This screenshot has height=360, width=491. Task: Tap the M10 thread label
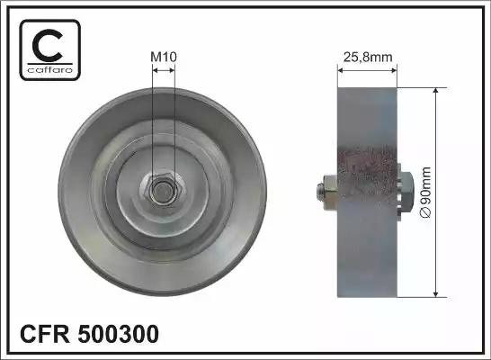(162, 57)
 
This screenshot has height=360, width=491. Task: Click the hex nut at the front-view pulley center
(162, 189)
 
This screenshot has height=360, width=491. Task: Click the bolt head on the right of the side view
(406, 190)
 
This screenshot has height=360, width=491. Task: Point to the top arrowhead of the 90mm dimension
(437, 91)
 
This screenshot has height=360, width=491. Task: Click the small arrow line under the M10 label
(162, 71)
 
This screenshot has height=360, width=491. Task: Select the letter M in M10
(154, 57)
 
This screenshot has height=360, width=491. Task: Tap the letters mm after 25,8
(383, 57)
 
